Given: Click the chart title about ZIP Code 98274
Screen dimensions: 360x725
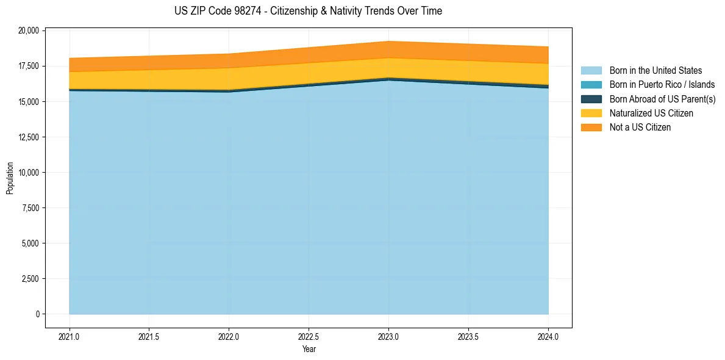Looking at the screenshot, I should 308,11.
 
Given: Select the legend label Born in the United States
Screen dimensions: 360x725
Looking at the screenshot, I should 655,71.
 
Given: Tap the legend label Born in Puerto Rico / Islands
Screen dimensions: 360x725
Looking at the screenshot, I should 662,85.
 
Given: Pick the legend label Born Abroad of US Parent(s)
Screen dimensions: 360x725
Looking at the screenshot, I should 662,99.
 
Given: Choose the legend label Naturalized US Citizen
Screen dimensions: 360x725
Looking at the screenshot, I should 651,113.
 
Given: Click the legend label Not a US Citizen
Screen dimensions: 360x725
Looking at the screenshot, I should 640,127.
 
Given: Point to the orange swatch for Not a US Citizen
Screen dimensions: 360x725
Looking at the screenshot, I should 591,127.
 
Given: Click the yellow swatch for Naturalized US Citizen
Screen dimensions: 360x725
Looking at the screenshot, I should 591,113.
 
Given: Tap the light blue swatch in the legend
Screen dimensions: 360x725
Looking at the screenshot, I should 591,71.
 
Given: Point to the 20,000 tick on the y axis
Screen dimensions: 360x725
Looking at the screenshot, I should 28,31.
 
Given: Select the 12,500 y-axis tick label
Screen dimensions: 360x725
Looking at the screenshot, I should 28,137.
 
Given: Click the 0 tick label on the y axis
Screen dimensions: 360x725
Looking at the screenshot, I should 37,314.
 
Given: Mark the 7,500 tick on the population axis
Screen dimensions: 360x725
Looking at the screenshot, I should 30,208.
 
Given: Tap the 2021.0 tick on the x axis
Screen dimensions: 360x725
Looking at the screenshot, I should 70,336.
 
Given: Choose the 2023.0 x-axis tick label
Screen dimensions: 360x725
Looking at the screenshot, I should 388,336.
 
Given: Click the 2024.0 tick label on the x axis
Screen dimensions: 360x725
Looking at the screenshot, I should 548,336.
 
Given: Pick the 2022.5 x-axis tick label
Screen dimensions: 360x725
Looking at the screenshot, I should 309,336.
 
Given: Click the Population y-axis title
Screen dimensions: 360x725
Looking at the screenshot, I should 10,178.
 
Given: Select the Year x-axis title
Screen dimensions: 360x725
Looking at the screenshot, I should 309,349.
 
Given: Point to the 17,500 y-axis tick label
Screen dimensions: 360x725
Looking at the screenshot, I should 28,66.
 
